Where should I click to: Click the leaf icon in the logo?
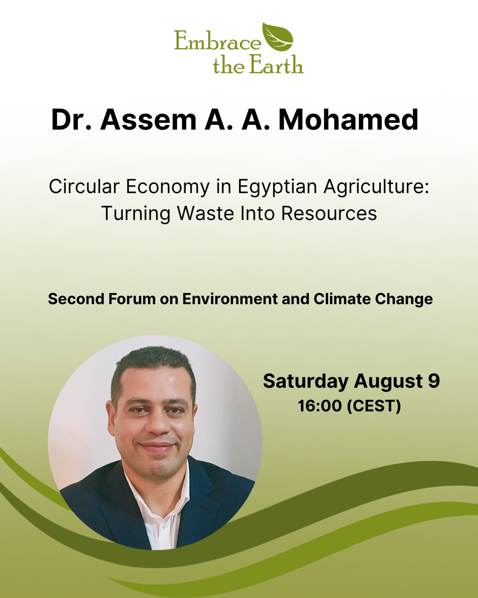click(278, 37)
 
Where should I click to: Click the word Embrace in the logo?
click(218, 40)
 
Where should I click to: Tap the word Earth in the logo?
click(276, 65)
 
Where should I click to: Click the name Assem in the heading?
click(148, 120)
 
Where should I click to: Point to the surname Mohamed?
click(348, 120)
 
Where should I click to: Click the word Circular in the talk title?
click(84, 187)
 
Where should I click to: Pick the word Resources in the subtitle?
click(329, 214)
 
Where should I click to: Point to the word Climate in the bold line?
click(341, 299)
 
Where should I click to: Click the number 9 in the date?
click(434, 381)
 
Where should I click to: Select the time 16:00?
click(320, 406)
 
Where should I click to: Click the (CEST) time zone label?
click(374, 406)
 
